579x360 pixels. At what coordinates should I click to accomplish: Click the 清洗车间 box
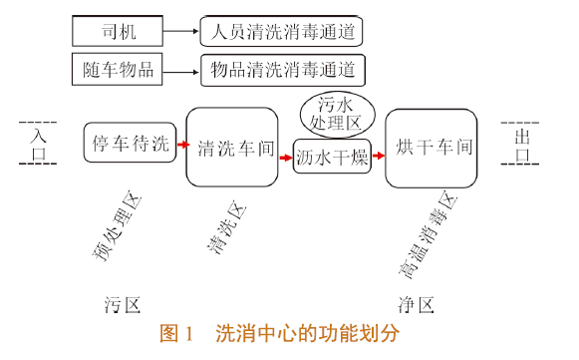pyautogui.click(x=230, y=147)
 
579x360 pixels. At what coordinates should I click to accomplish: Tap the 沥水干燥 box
pyautogui.click(x=332, y=156)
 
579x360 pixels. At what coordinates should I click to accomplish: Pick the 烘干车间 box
pyautogui.click(x=434, y=146)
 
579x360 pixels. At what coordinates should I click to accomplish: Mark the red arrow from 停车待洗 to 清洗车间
pyautogui.click(x=181, y=145)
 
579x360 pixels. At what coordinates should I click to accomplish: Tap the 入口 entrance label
pyautogui.click(x=37, y=143)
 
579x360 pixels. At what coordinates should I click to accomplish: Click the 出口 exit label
pyautogui.click(x=521, y=143)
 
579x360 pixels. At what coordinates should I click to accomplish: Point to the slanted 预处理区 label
pyautogui.click(x=121, y=227)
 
